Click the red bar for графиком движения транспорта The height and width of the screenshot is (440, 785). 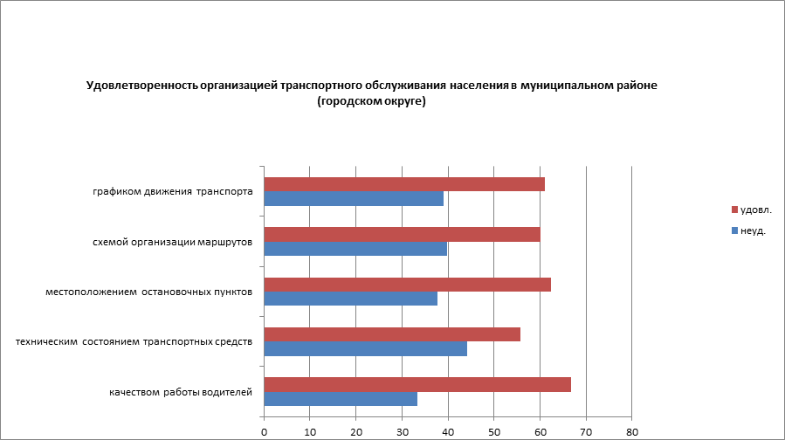tap(403, 184)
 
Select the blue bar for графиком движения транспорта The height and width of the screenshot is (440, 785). tap(354, 199)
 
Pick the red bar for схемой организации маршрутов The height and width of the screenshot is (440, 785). tap(402, 234)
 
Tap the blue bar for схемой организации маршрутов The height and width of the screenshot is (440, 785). tap(355, 249)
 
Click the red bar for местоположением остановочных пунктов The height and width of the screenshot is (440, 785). tap(407, 285)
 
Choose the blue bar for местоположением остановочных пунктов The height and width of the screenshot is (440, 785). tap(350, 299)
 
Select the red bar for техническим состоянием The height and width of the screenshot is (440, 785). tap(392, 334)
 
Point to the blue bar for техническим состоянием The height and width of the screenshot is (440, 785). tap(365, 349)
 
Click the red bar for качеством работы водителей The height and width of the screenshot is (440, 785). tap(417, 385)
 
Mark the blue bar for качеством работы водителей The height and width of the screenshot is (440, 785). tap(341, 399)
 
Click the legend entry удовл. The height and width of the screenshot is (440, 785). tap(755, 210)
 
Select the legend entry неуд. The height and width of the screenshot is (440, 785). tap(753, 231)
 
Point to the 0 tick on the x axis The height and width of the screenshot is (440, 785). tap(264, 431)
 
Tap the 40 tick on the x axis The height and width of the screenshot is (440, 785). tap(448, 431)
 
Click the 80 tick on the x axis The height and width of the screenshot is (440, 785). tap(632, 431)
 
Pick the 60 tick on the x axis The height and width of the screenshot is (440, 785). tap(541, 431)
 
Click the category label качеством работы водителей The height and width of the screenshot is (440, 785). tap(181, 392)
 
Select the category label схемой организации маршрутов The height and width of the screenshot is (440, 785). tap(173, 241)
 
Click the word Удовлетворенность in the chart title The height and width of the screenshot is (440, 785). tap(141, 86)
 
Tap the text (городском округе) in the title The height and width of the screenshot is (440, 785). tap(371, 101)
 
